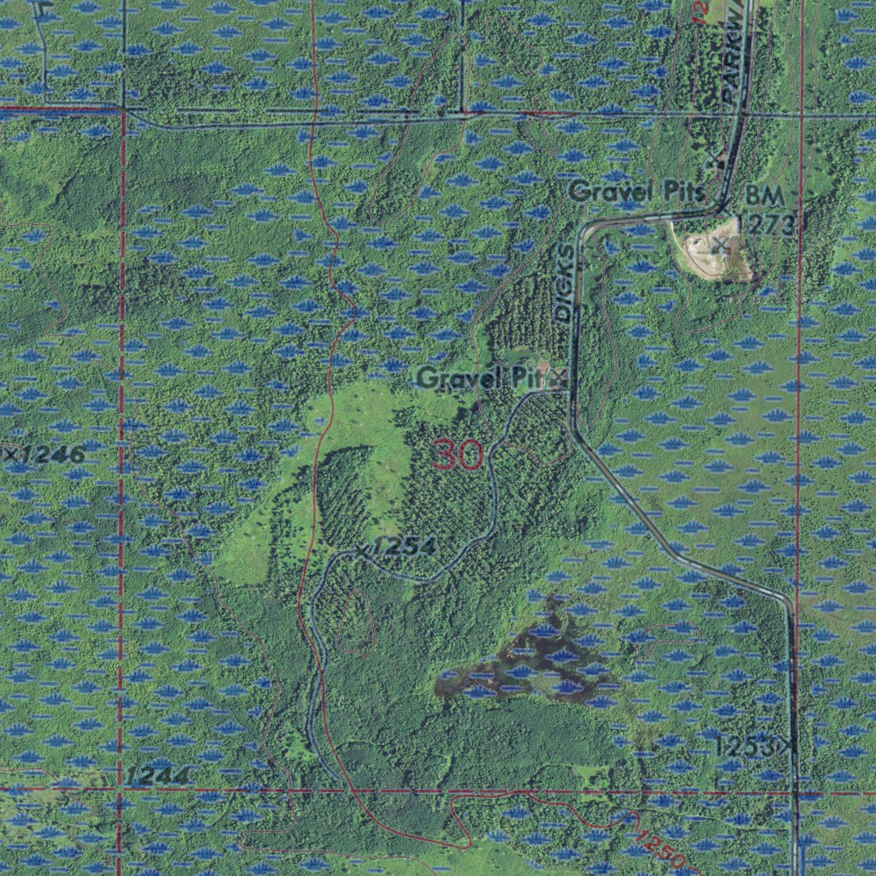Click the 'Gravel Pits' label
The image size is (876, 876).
[x=637, y=192]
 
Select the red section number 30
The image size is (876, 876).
[x=458, y=454]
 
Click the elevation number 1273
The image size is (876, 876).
[x=766, y=224]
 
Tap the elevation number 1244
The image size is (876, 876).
[x=157, y=776]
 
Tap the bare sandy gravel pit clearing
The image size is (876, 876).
[x=710, y=252]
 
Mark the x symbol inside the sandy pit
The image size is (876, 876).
[x=720, y=246]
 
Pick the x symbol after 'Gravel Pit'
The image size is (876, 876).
[x=559, y=377]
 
